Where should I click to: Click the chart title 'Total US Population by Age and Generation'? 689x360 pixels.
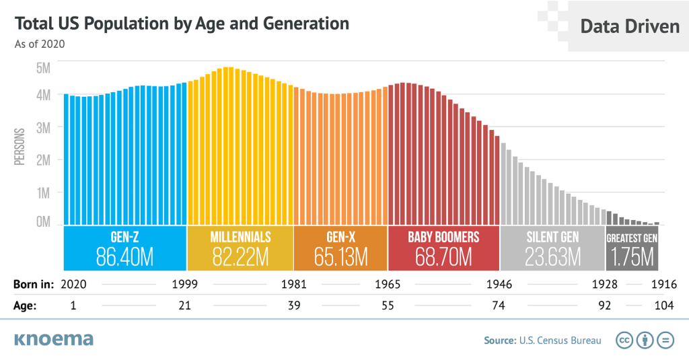pos(182,24)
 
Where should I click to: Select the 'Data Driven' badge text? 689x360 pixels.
pos(630,26)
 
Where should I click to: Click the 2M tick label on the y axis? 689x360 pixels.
pos(42,160)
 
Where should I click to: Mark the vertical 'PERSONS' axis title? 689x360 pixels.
pos(20,146)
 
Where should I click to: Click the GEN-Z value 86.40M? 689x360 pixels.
pos(124,256)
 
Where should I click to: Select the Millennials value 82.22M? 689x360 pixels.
pos(240,256)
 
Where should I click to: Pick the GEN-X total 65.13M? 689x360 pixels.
pos(340,256)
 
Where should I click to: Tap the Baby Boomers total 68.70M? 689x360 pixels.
pos(443,256)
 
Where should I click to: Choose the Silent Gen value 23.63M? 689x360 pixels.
pos(552,256)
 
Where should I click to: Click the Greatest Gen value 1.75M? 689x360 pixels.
pos(632,256)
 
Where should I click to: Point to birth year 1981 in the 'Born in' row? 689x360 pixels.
pos(294,285)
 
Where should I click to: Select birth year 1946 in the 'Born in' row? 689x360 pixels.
pos(499,285)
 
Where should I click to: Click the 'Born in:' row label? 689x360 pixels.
pos(33,285)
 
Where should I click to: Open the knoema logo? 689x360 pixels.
pos(53,339)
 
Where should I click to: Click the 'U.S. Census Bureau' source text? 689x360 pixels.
pos(560,340)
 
